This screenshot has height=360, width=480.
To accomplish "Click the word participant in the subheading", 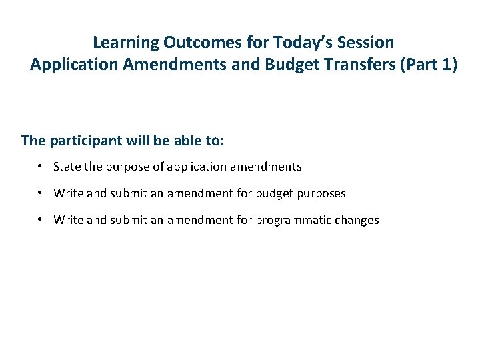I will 82,141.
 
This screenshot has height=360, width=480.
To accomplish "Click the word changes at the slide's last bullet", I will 356,220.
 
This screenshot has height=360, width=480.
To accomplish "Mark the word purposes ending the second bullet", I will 323,193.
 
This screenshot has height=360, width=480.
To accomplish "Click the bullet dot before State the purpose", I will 41,167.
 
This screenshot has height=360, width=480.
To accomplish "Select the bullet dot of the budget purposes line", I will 41,193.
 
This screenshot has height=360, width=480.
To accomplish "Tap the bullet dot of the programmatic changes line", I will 41,220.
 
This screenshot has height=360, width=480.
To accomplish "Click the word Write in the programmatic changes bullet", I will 68,220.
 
